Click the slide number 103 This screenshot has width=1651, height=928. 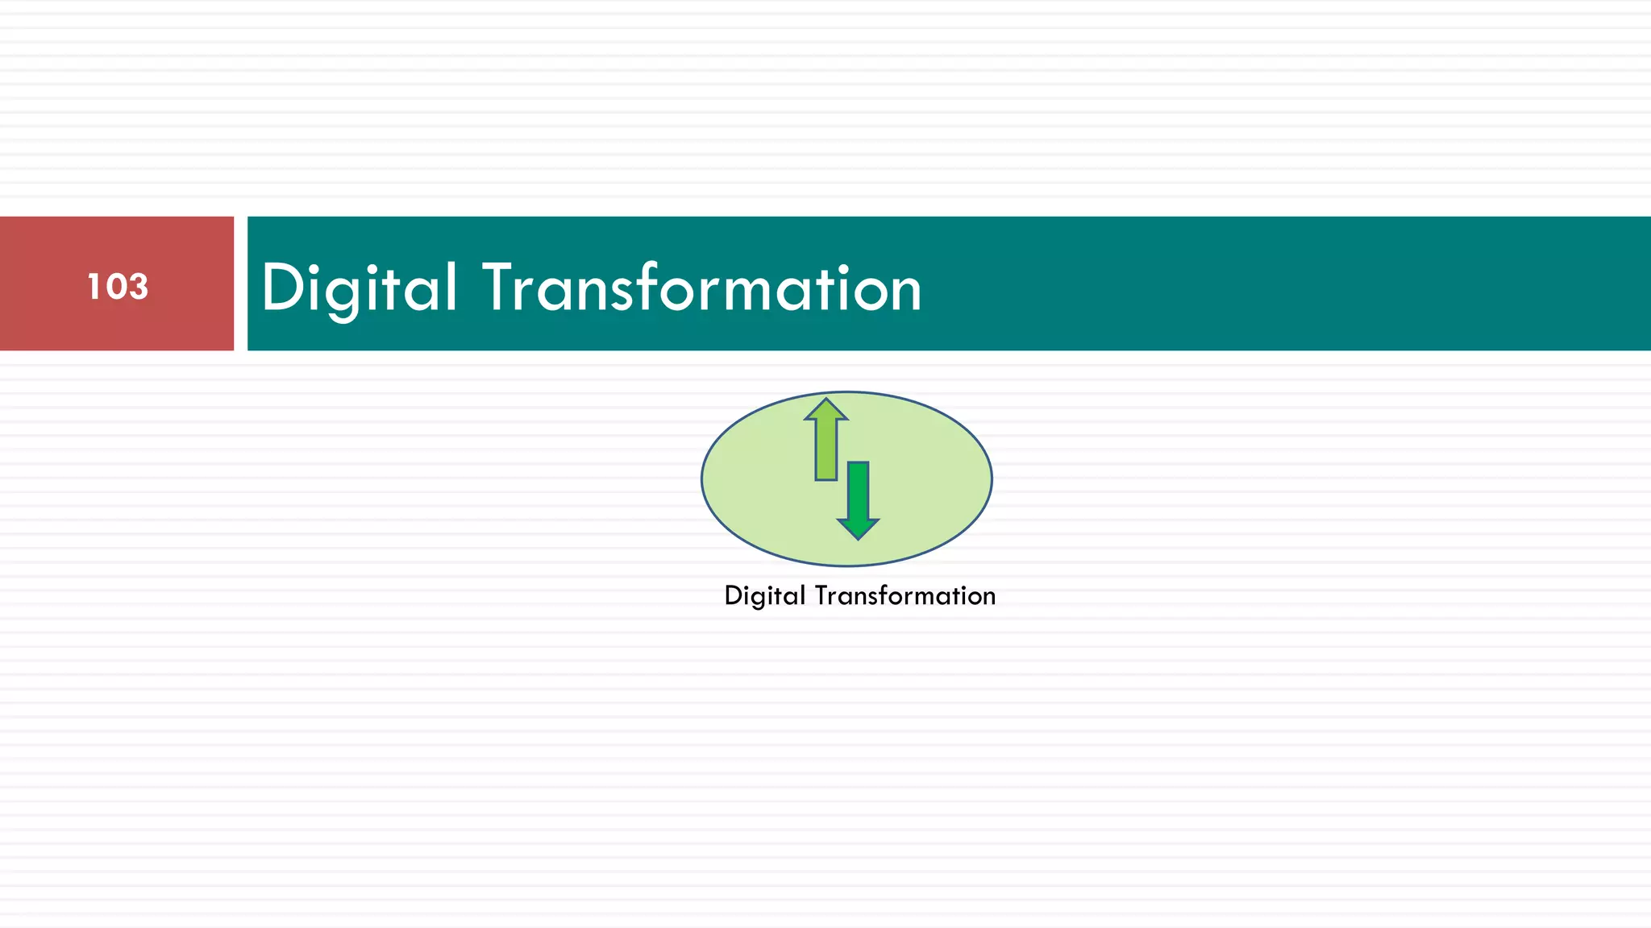tap(118, 287)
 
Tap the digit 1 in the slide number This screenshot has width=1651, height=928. tap(92, 287)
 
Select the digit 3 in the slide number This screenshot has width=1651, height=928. tap(138, 287)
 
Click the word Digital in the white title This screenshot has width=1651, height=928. tap(360, 288)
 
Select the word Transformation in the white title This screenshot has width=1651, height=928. tap(702, 288)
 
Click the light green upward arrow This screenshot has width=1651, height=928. tap(825, 439)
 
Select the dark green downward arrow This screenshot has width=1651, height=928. tap(858, 499)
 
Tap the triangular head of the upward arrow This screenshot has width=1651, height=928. tap(825, 409)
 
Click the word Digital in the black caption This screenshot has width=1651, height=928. tap(765, 596)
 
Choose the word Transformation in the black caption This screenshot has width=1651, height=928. tap(905, 596)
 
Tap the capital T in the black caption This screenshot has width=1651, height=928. tap(821, 595)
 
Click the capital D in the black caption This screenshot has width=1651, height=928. tap(733, 595)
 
